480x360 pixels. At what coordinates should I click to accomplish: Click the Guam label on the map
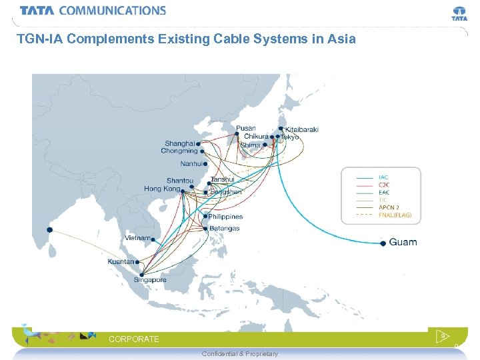[x=403, y=241]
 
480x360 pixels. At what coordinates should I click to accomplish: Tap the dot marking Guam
[x=383, y=244]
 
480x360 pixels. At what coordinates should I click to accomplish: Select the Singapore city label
[x=150, y=280]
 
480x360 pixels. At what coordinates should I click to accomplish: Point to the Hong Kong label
[x=162, y=189]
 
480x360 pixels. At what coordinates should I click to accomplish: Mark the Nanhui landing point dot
[x=205, y=163]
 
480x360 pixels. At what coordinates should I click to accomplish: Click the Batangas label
[x=224, y=229]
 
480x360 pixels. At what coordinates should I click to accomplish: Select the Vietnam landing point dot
[x=153, y=239]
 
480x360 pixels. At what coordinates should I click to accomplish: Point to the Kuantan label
[x=121, y=261]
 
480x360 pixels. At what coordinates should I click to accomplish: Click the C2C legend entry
[x=385, y=184]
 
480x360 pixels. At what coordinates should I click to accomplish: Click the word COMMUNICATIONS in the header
[x=112, y=11]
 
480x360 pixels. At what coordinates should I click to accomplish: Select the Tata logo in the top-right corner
[x=459, y=13]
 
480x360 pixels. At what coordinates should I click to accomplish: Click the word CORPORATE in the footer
[x=134, y=339]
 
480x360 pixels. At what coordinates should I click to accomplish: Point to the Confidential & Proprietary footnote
[x=239, y=353]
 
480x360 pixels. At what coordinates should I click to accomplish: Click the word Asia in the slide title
[x=341, y=39]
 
